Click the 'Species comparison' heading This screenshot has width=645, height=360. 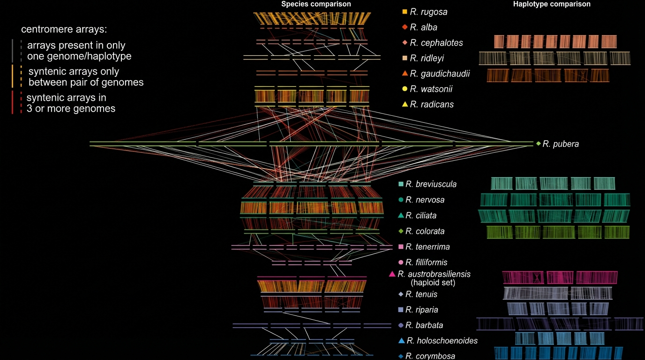[316, 4]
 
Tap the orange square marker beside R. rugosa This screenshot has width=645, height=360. [405, 11]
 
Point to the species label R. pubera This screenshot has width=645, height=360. [561, 144]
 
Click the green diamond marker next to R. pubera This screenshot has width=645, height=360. [538, 143]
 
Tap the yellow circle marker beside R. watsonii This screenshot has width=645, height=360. [405, 89]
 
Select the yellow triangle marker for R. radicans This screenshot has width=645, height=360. [405, 104]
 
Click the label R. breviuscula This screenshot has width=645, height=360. [431, 184]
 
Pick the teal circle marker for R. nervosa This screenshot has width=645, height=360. [400, 200]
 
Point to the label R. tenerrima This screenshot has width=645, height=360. [427, 247]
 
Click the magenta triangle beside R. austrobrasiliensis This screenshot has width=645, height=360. [392, 274]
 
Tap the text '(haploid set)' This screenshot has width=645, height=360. [433, 283]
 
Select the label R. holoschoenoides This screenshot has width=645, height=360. [442, 341]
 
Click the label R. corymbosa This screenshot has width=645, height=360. [430, 356]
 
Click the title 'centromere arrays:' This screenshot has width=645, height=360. [64, 29]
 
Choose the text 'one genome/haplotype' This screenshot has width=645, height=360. [79, 56]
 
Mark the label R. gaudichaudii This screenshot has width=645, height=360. [440, 74]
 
